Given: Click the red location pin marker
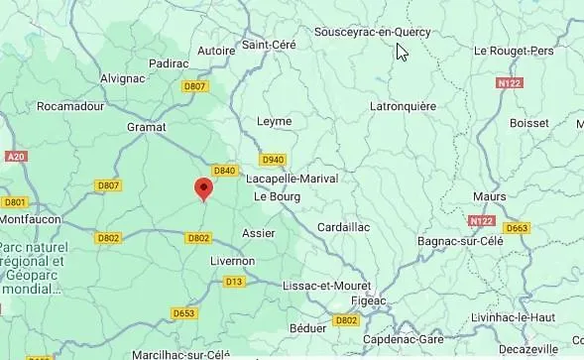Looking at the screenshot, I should pyautogui.click(x=203, y=188).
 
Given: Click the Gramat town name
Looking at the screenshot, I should pyautogui.click(x=147, y=127).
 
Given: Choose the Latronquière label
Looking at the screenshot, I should pyautogui.click(x=403, y=105).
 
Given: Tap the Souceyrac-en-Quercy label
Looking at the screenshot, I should pyautogui.click(x=372, y=32).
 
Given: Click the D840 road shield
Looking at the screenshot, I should pyautogui.click(x=225, y=171).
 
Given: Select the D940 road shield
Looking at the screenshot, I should pyautogui.click(x=274, y=159).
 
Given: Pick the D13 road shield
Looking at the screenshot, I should pyautogui.click(x=234, y=282).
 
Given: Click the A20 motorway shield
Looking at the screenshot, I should pyautogui.click(x=15, y=157).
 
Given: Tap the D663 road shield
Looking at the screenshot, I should pyautogui.click(x=517, y=228).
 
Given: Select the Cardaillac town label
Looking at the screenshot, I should pyautogui.click(x=343, y=227).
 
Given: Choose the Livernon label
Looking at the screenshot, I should pyautogui.click(x=232, y=261).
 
